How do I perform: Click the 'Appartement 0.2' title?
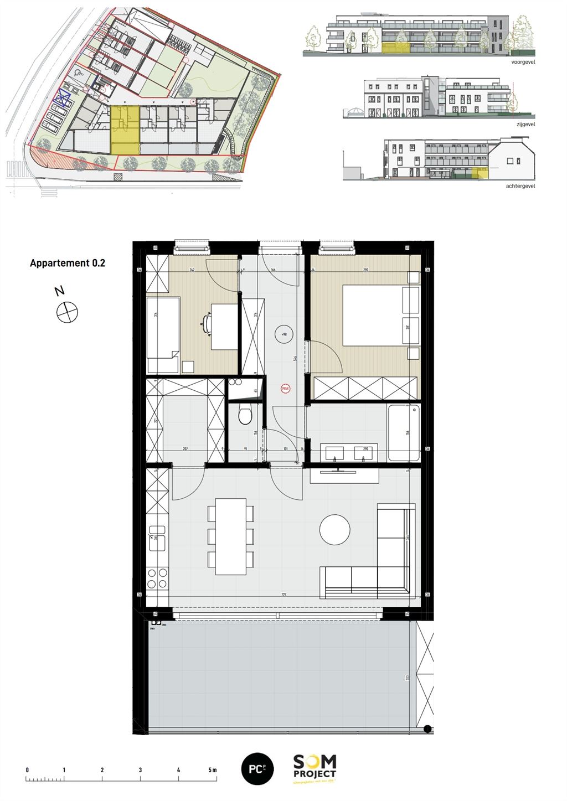click(67, 263)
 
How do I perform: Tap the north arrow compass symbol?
click(67, 312)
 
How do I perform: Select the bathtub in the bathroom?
click(404, 433)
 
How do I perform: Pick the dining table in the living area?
click(231, 536)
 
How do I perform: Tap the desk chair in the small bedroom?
click(207, 323)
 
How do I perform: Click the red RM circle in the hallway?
click(286, 389)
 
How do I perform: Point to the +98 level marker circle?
click(284, 334)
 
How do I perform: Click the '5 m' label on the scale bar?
click(213, 770)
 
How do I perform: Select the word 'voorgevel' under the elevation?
click(523, 63)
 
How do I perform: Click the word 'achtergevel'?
click(520, 187)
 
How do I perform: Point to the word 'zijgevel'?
click(525, 125)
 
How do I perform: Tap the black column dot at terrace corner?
click(427, 729)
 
